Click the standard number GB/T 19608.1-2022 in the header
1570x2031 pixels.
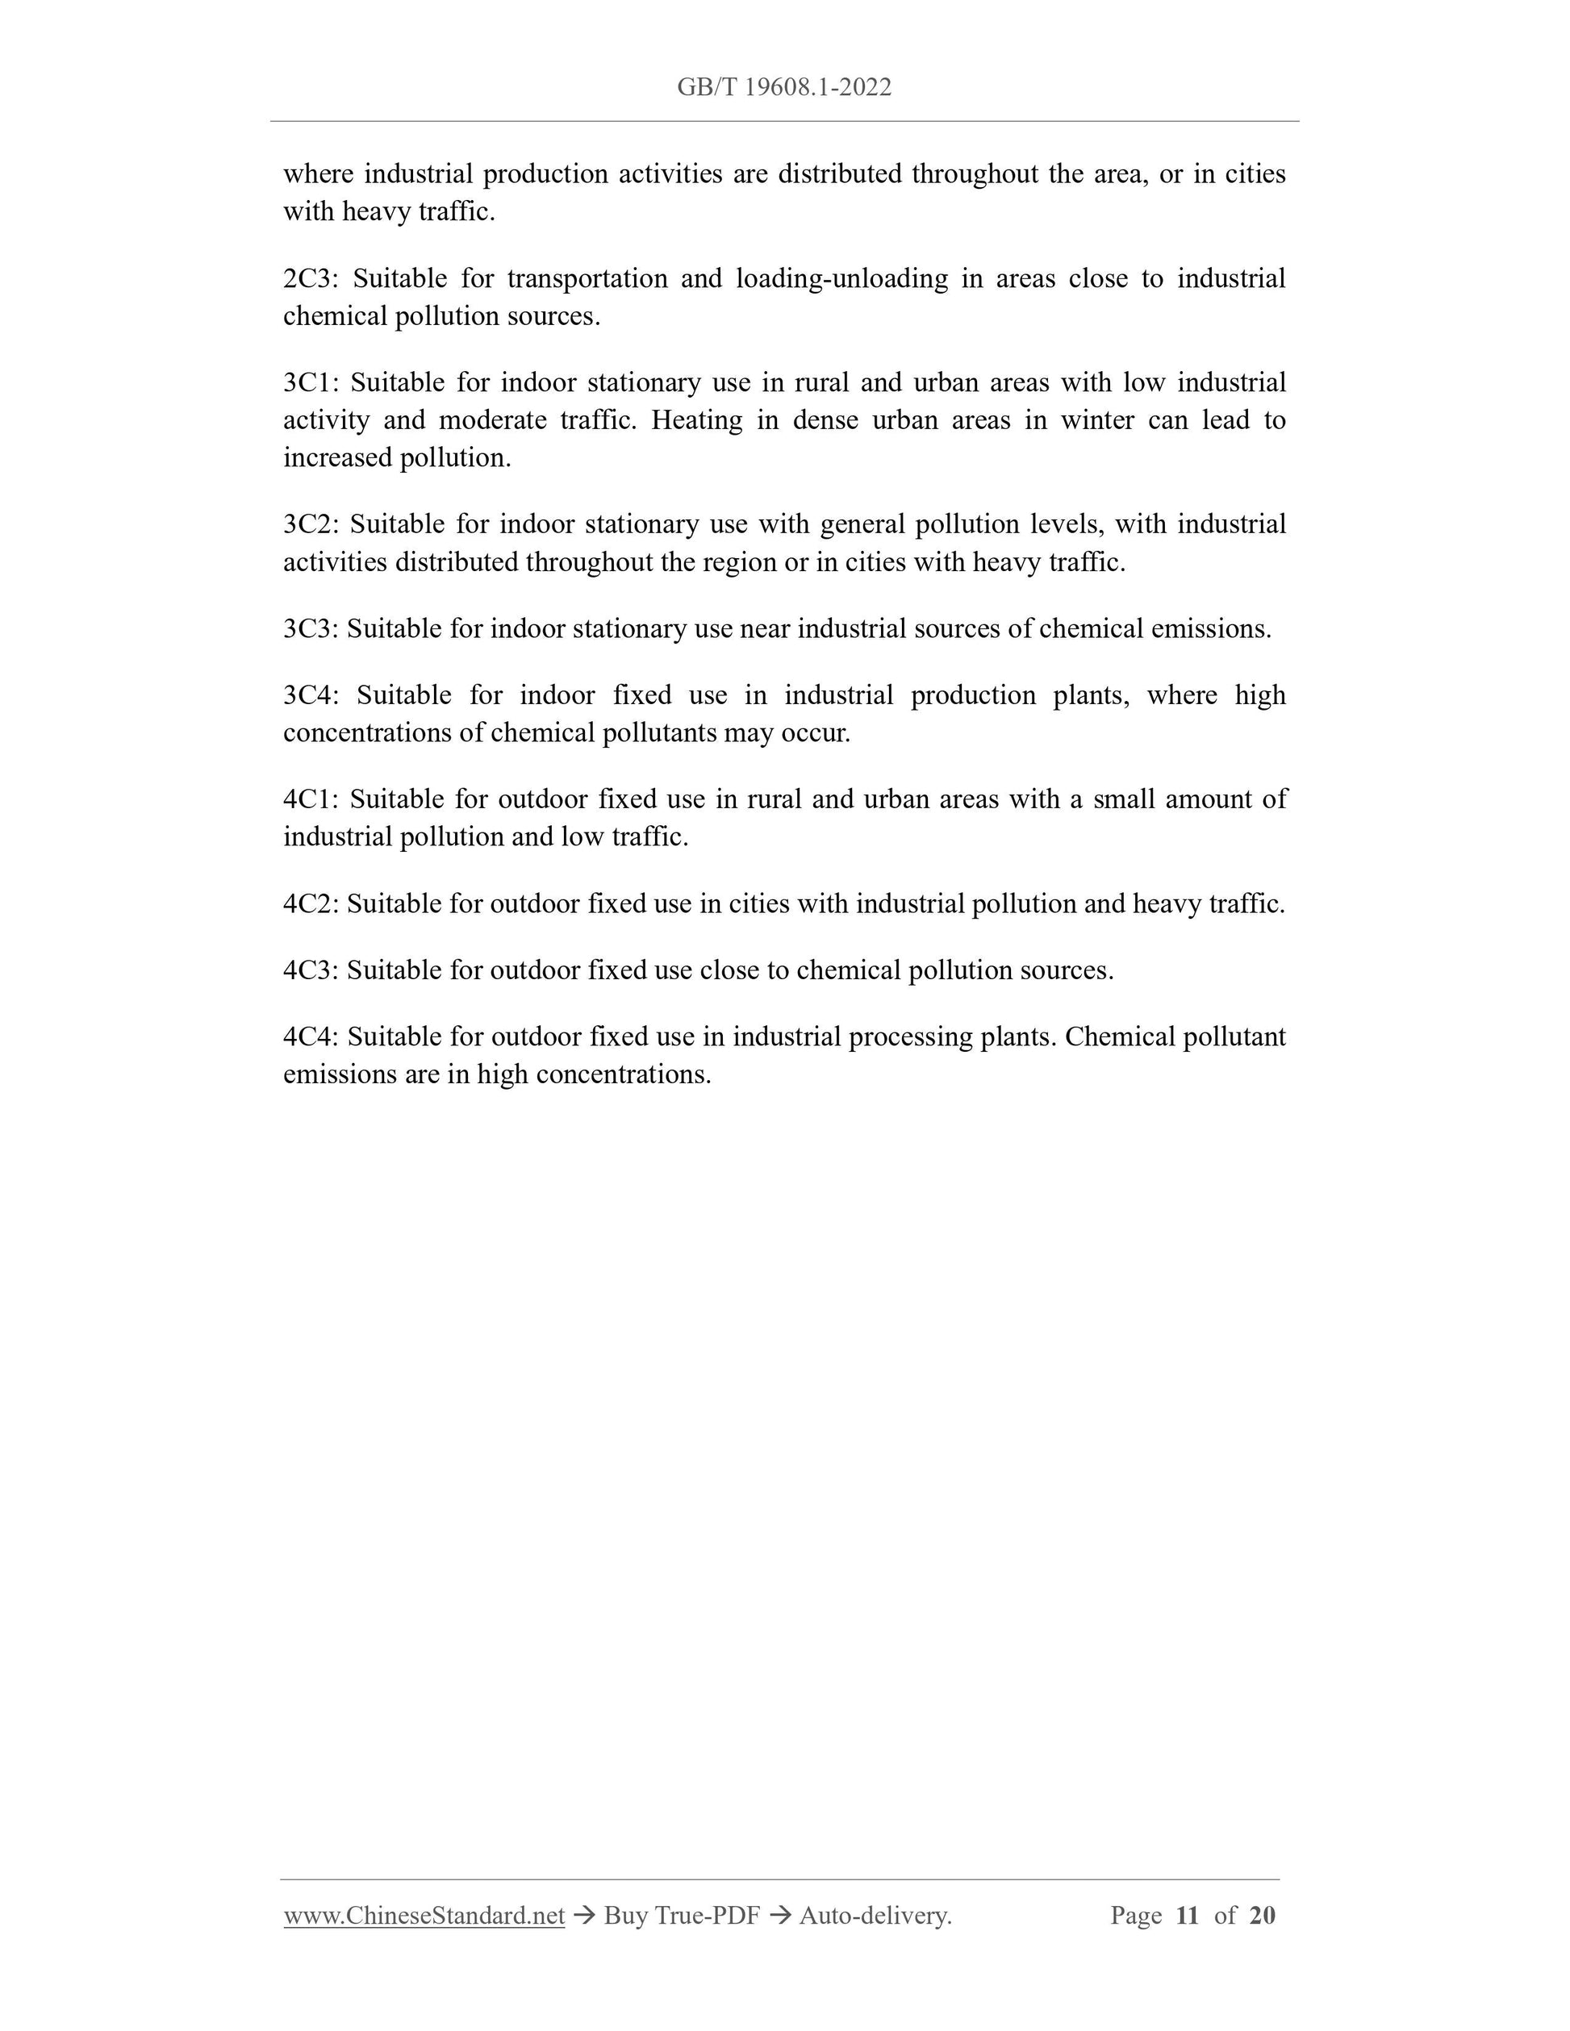point(784,87)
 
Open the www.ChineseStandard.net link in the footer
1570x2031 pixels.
point(424,1915)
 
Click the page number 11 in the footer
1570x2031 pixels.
point(1187,1915)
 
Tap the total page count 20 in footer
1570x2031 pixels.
point(1262,1915)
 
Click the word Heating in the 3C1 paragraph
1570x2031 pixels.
point(696,420)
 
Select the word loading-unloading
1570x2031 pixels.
point(841,278)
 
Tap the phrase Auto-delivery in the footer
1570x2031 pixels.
point(875,1915)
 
